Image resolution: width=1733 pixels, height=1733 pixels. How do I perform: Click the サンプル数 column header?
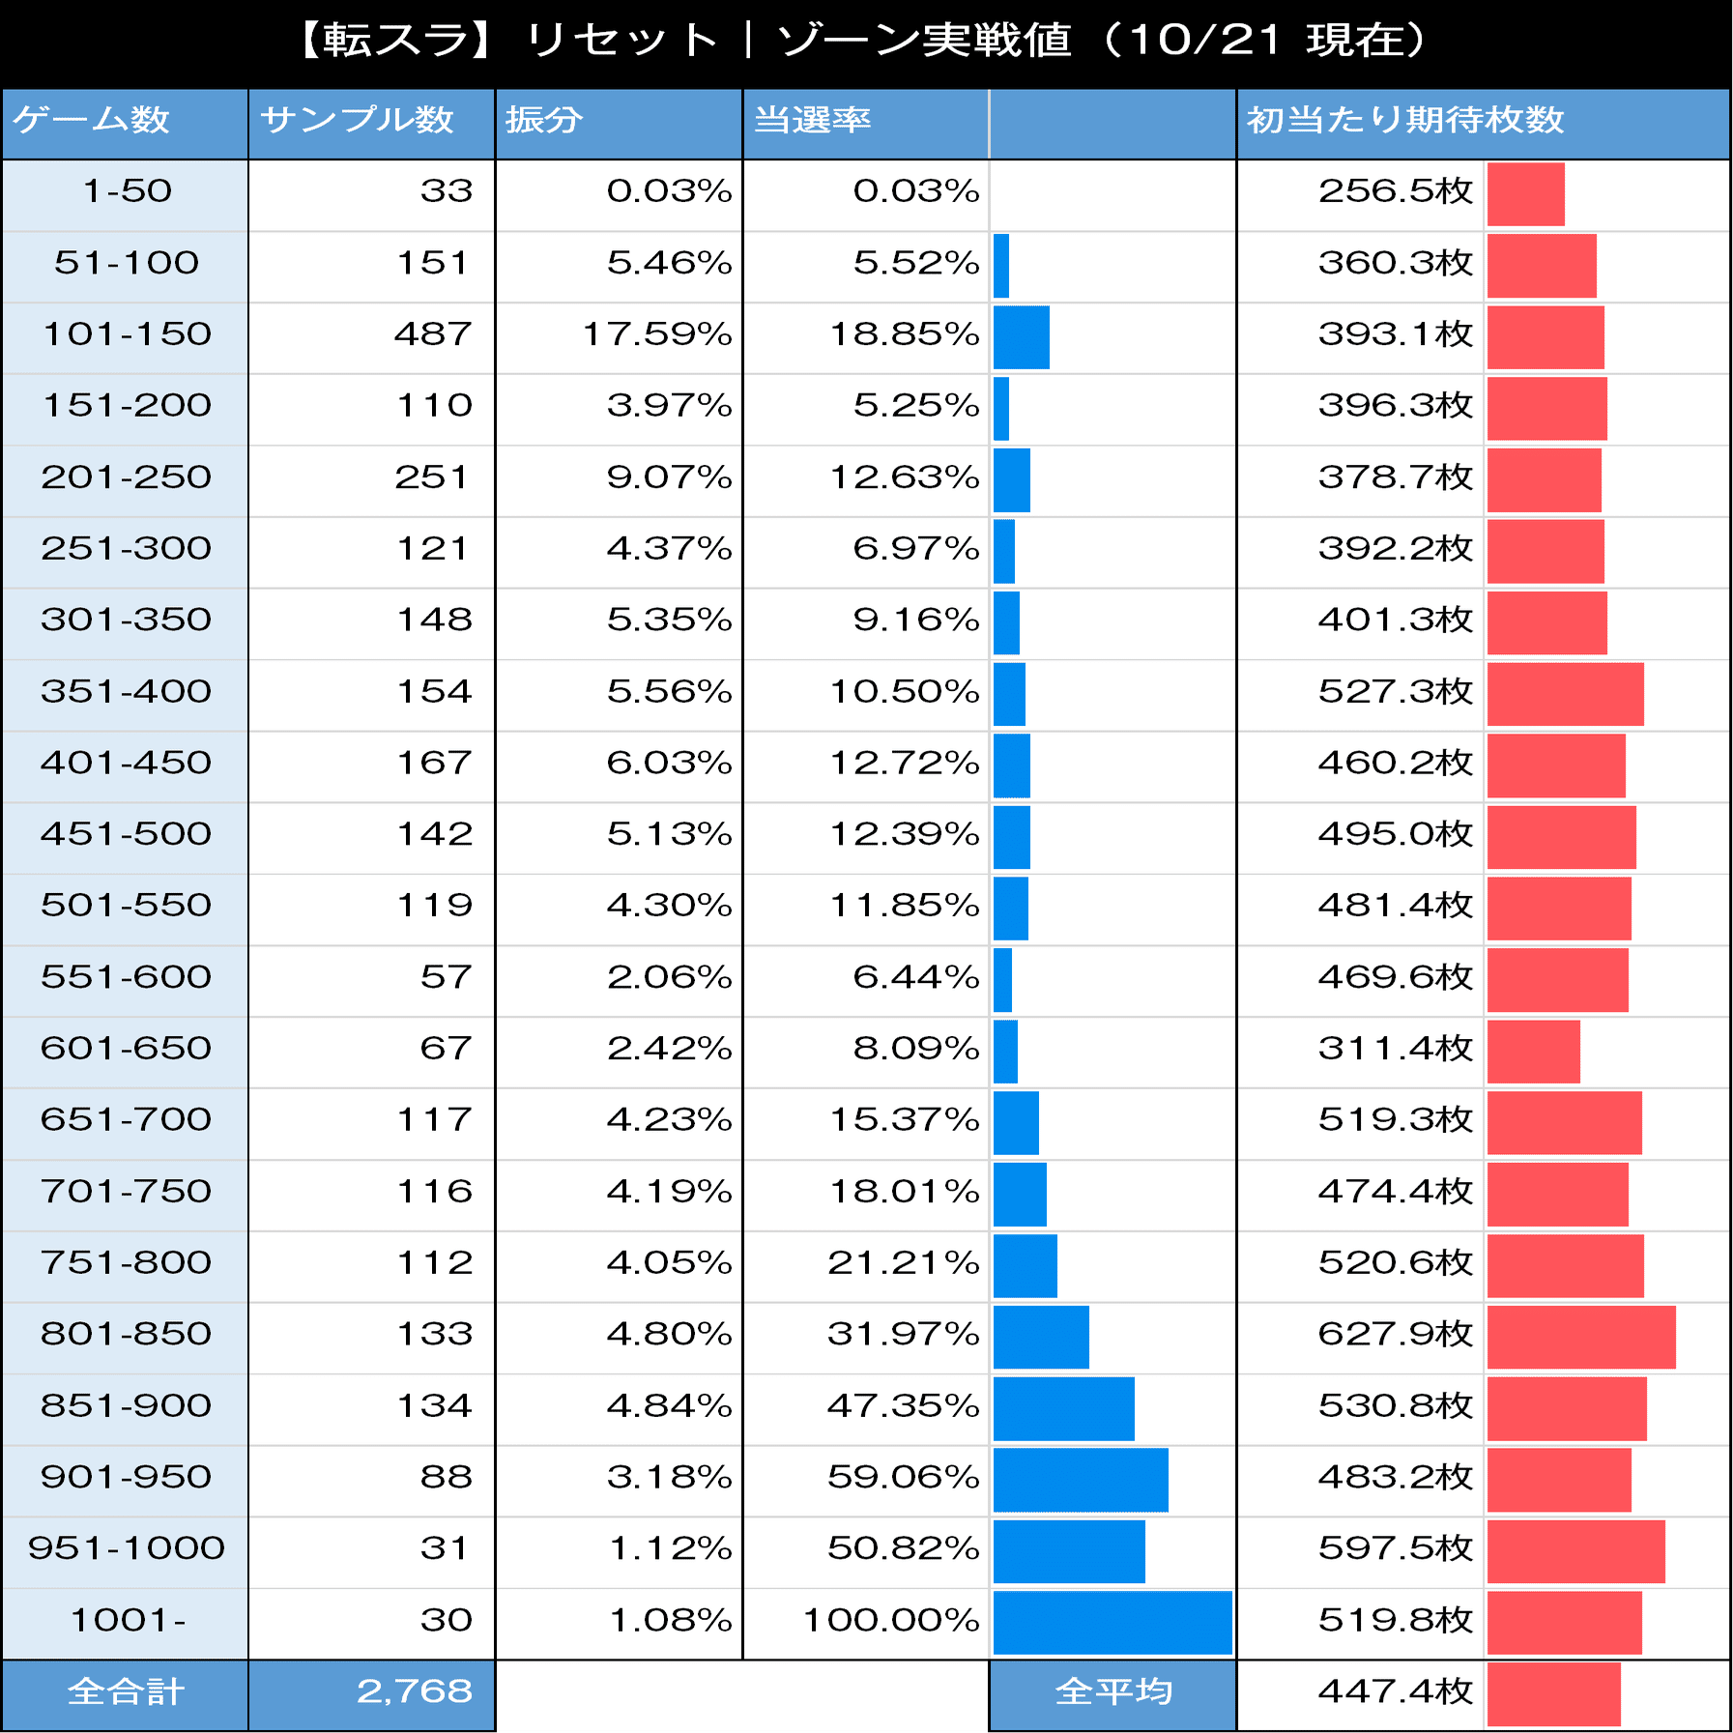(357, 120)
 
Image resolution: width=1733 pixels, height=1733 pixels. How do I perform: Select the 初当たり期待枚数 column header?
(1404, 120)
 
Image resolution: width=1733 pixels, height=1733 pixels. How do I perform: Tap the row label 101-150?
(127, 334)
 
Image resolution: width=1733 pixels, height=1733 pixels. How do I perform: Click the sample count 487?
(432, 334)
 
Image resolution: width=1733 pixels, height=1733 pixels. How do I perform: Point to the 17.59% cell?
(656, 334)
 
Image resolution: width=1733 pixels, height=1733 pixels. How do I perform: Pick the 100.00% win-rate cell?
(891, 1620)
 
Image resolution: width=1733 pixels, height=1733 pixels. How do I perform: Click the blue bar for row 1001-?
(1112, 1622)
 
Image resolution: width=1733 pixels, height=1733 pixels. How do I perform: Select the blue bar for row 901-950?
(1080, 1480)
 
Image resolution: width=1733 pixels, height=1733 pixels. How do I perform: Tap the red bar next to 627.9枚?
(1580, 1337)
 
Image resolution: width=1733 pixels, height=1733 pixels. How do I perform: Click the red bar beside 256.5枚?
(1525, 194)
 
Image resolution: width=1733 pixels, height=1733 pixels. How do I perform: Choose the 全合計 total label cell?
(126, 1691)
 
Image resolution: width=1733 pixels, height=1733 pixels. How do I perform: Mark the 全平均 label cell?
(1113, 1691)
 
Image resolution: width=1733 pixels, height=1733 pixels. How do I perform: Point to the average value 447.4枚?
(1395, 1691)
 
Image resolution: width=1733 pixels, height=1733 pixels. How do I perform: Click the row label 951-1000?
(127, 1548)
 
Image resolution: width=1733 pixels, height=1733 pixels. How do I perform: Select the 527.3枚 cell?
(1395, 692)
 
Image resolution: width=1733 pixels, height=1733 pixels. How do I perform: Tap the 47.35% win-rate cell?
(903, 1405)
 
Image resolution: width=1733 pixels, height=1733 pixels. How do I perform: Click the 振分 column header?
(544, 120)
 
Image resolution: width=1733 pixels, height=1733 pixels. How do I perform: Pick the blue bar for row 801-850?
(1041, 1337)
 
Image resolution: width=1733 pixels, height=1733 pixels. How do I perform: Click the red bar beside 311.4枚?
(1533, 1052)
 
